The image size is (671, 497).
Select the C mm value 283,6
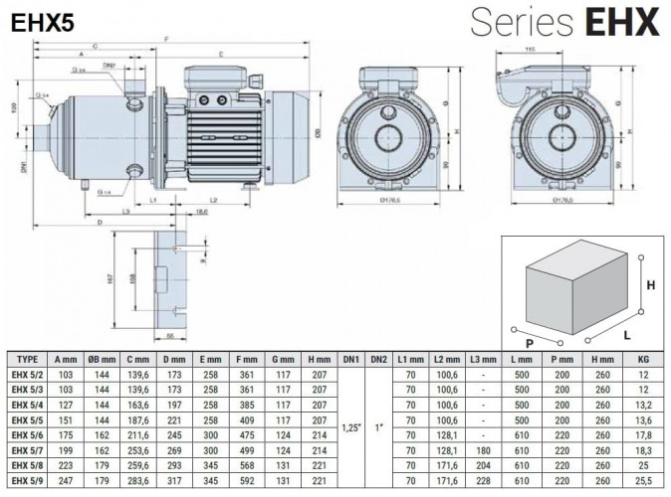(x=139, y=481)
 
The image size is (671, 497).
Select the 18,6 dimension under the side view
(x=202, y=212)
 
